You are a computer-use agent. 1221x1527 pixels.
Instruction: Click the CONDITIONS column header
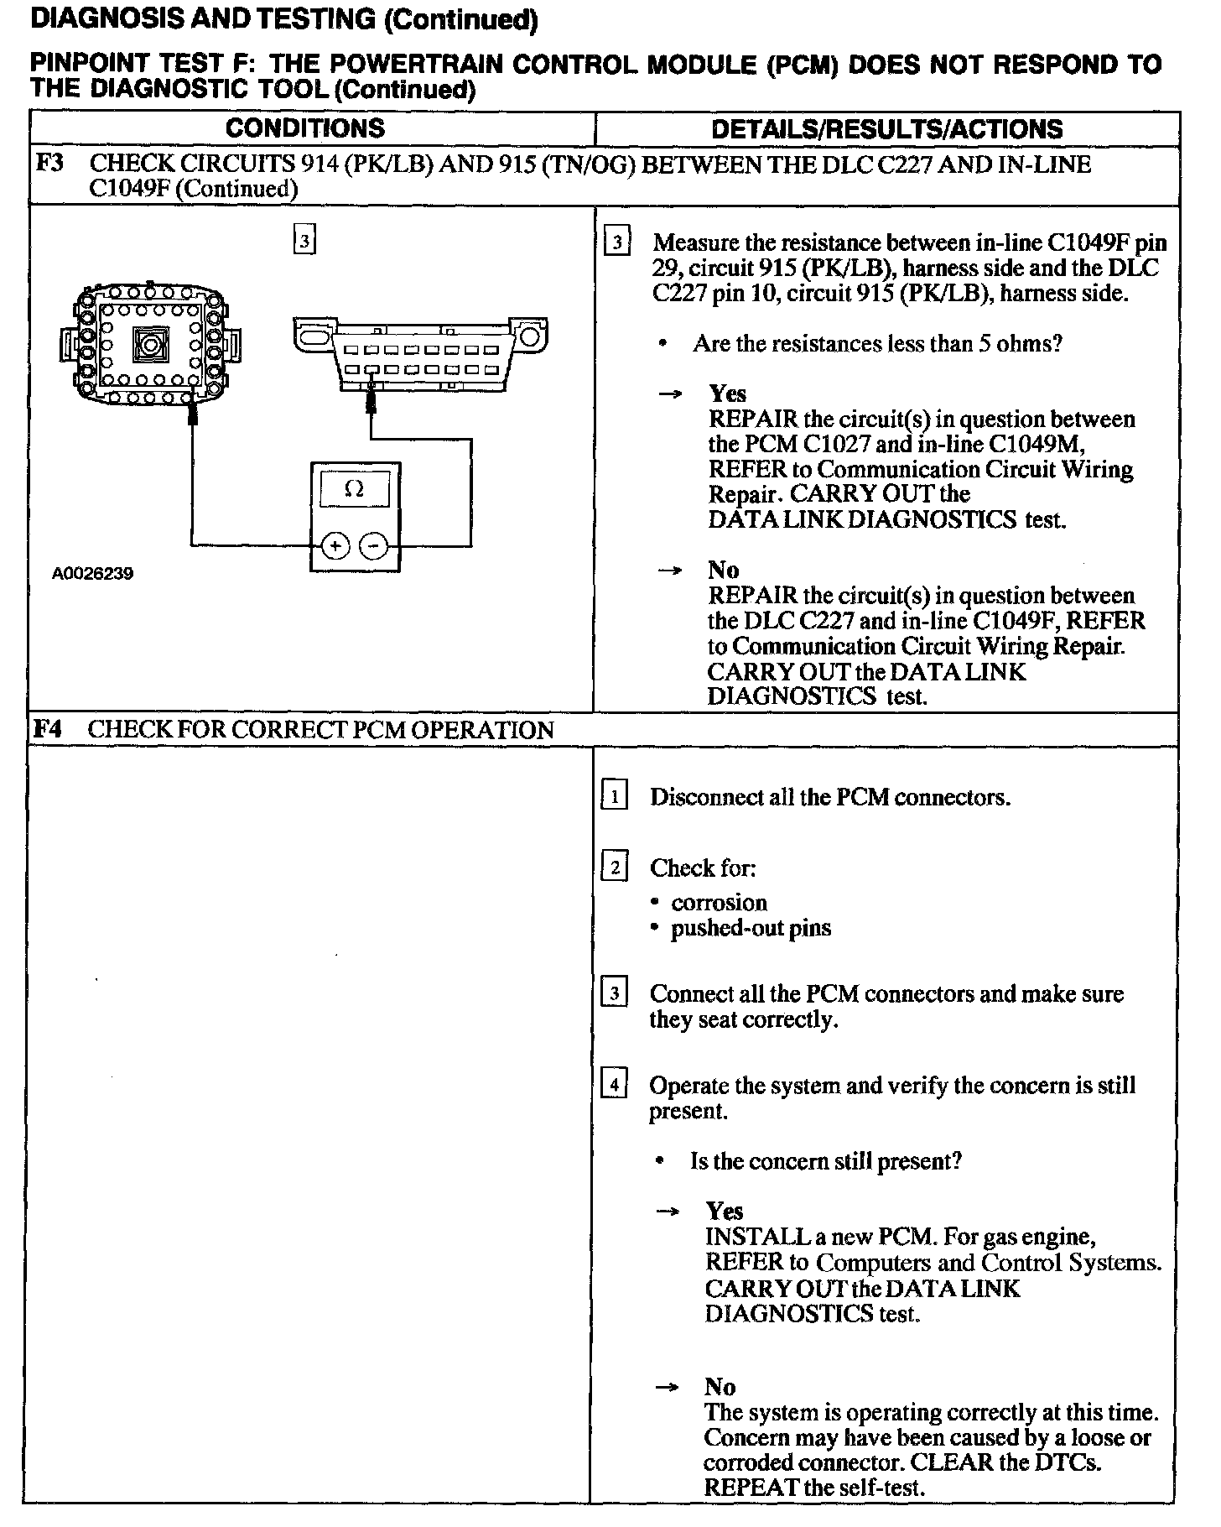pos(304,128)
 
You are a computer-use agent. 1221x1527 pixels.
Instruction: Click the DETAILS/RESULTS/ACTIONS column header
pos(886,129)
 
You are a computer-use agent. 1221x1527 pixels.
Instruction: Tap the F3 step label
pos(49,163)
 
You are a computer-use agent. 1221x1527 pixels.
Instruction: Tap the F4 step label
pos(48,728)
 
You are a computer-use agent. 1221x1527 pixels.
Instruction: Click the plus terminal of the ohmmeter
pos(335,546)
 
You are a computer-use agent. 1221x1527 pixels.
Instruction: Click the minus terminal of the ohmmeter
pos(373,546)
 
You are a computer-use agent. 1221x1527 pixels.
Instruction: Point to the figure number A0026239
pos(92,574)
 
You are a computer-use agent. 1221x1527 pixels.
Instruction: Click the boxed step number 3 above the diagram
pos(304,242)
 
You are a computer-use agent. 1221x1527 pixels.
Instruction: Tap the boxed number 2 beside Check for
pos(615,866)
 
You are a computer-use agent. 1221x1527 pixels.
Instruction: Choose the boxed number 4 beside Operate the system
pos(615,1084)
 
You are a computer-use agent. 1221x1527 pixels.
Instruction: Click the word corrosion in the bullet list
pos(719,903)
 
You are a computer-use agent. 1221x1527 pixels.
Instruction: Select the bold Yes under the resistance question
pos(727,393)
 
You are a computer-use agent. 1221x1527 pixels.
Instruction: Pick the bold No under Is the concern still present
pos(720,1387)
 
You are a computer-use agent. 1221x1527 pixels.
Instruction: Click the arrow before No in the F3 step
pos(668,571)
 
